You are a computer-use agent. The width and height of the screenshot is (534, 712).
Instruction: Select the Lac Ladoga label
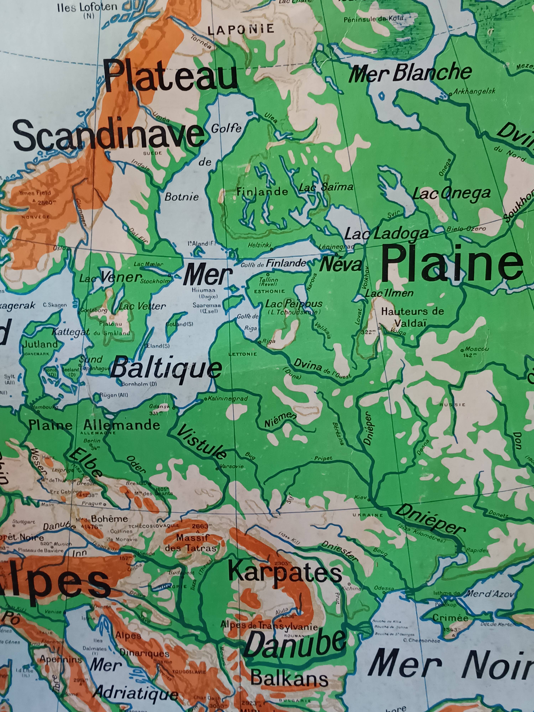(386, 234)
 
